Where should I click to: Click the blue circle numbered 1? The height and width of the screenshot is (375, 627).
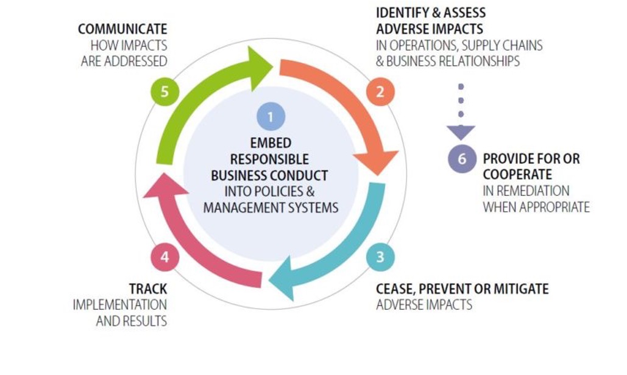coord(271,117)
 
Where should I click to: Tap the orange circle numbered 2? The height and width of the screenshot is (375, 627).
coord(380,92)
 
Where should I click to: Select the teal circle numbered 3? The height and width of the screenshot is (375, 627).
coord(380,257)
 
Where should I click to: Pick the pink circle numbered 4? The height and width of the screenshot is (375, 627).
coord(165,257)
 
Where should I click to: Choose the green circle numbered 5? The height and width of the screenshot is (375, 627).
coord(165,92)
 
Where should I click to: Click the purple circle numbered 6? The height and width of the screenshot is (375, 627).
coord(462,158)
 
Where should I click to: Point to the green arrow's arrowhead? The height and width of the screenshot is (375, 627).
coord(258,68)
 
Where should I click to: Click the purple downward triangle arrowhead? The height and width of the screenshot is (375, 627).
coord(461,132)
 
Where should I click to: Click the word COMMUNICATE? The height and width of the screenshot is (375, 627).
coord(122,29)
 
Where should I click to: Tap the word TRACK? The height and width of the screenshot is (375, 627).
coord(148,289)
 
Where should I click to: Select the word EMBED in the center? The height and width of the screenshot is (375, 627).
coord(271,143)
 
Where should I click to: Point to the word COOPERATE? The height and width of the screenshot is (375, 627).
coord(517,175)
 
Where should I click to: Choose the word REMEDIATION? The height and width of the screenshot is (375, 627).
coord(533,191)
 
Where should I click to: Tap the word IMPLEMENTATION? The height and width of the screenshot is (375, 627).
coord(120,305)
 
